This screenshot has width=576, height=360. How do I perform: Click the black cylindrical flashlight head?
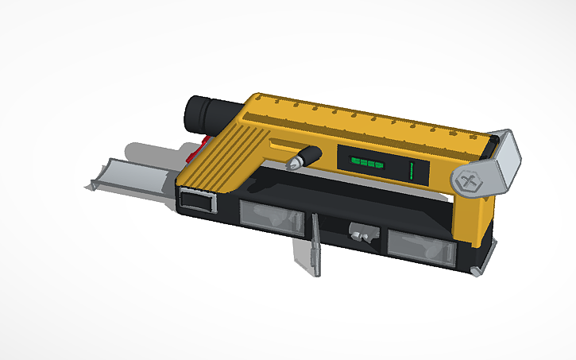[205, 114]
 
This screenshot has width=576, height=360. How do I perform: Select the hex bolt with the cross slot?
[469, 182]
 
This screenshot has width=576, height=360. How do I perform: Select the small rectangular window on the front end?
[199, 200]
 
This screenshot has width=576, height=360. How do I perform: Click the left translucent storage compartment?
[272, 217]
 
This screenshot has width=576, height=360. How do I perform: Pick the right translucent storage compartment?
[420, 246]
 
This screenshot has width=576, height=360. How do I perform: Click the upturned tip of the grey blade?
[95, 186]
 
